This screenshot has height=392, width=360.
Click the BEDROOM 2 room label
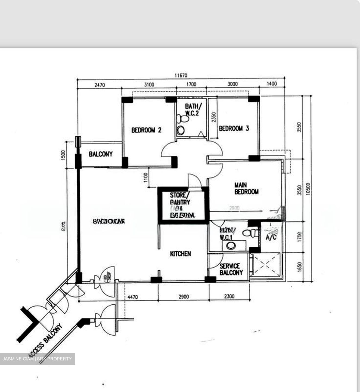(146, 130)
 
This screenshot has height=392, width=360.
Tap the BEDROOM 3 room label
(234, 128)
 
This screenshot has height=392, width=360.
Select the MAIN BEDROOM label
(246, 188)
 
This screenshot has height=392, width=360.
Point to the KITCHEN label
(180, 254)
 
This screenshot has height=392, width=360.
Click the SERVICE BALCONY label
(231, 269)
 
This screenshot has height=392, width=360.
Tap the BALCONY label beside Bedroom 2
(101, 154)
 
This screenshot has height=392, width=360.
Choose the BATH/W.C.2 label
(192, 109)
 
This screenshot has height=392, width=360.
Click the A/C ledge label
(271, 237)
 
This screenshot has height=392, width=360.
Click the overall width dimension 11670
(181, 75)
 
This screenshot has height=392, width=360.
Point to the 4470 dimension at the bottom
(132, 297)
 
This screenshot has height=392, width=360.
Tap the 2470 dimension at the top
(100, 85)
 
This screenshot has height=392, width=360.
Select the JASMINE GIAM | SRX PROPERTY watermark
(37, 359)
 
